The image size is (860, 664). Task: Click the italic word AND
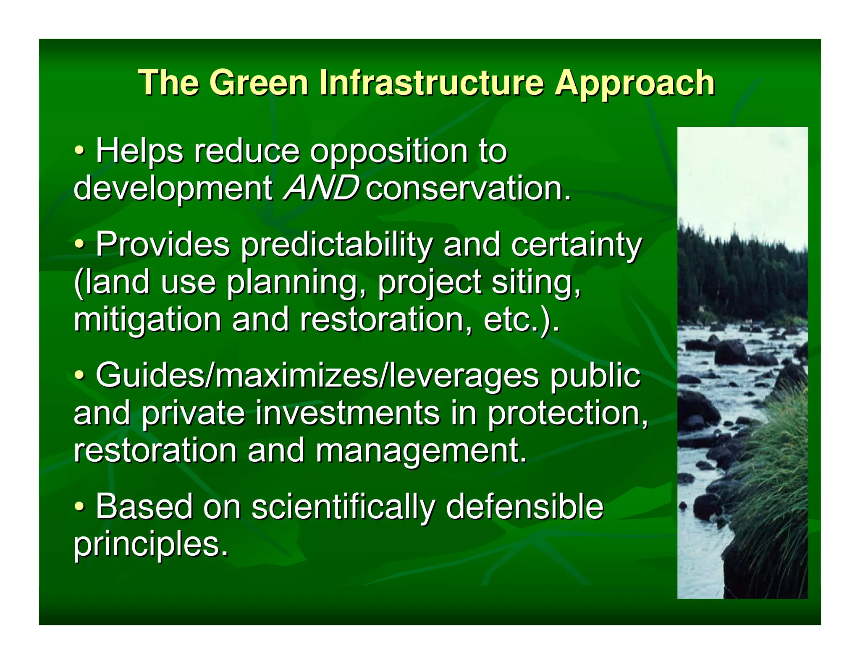(321, 188)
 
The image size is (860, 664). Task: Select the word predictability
(336, 245)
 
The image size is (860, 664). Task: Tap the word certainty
(576, 245)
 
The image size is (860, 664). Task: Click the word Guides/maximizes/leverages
(317, 376)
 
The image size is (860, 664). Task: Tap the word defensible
(524, 506)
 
